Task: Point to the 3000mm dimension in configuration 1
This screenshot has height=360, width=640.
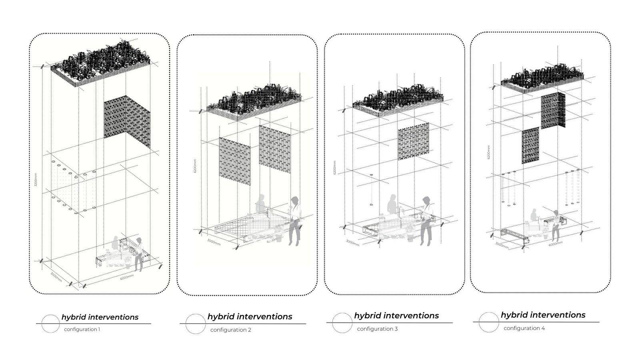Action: click(56, 277)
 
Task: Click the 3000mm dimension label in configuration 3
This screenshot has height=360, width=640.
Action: click(352, 243)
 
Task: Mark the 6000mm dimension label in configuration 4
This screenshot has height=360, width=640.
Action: click(556, 244)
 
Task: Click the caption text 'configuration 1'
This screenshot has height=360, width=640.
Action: click(82, 329)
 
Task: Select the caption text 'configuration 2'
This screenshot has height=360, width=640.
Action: click(231, 330)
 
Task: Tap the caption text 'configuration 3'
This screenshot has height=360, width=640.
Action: click(377, 329)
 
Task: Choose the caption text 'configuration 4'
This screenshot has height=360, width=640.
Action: click(524, 328)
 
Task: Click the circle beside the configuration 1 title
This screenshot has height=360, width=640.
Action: click(51, 324)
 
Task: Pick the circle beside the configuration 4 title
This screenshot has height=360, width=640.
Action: click(488, 322)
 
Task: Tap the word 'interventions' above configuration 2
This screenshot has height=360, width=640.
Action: click(266, 316)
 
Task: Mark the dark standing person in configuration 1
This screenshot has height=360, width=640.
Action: click(139, 254)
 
